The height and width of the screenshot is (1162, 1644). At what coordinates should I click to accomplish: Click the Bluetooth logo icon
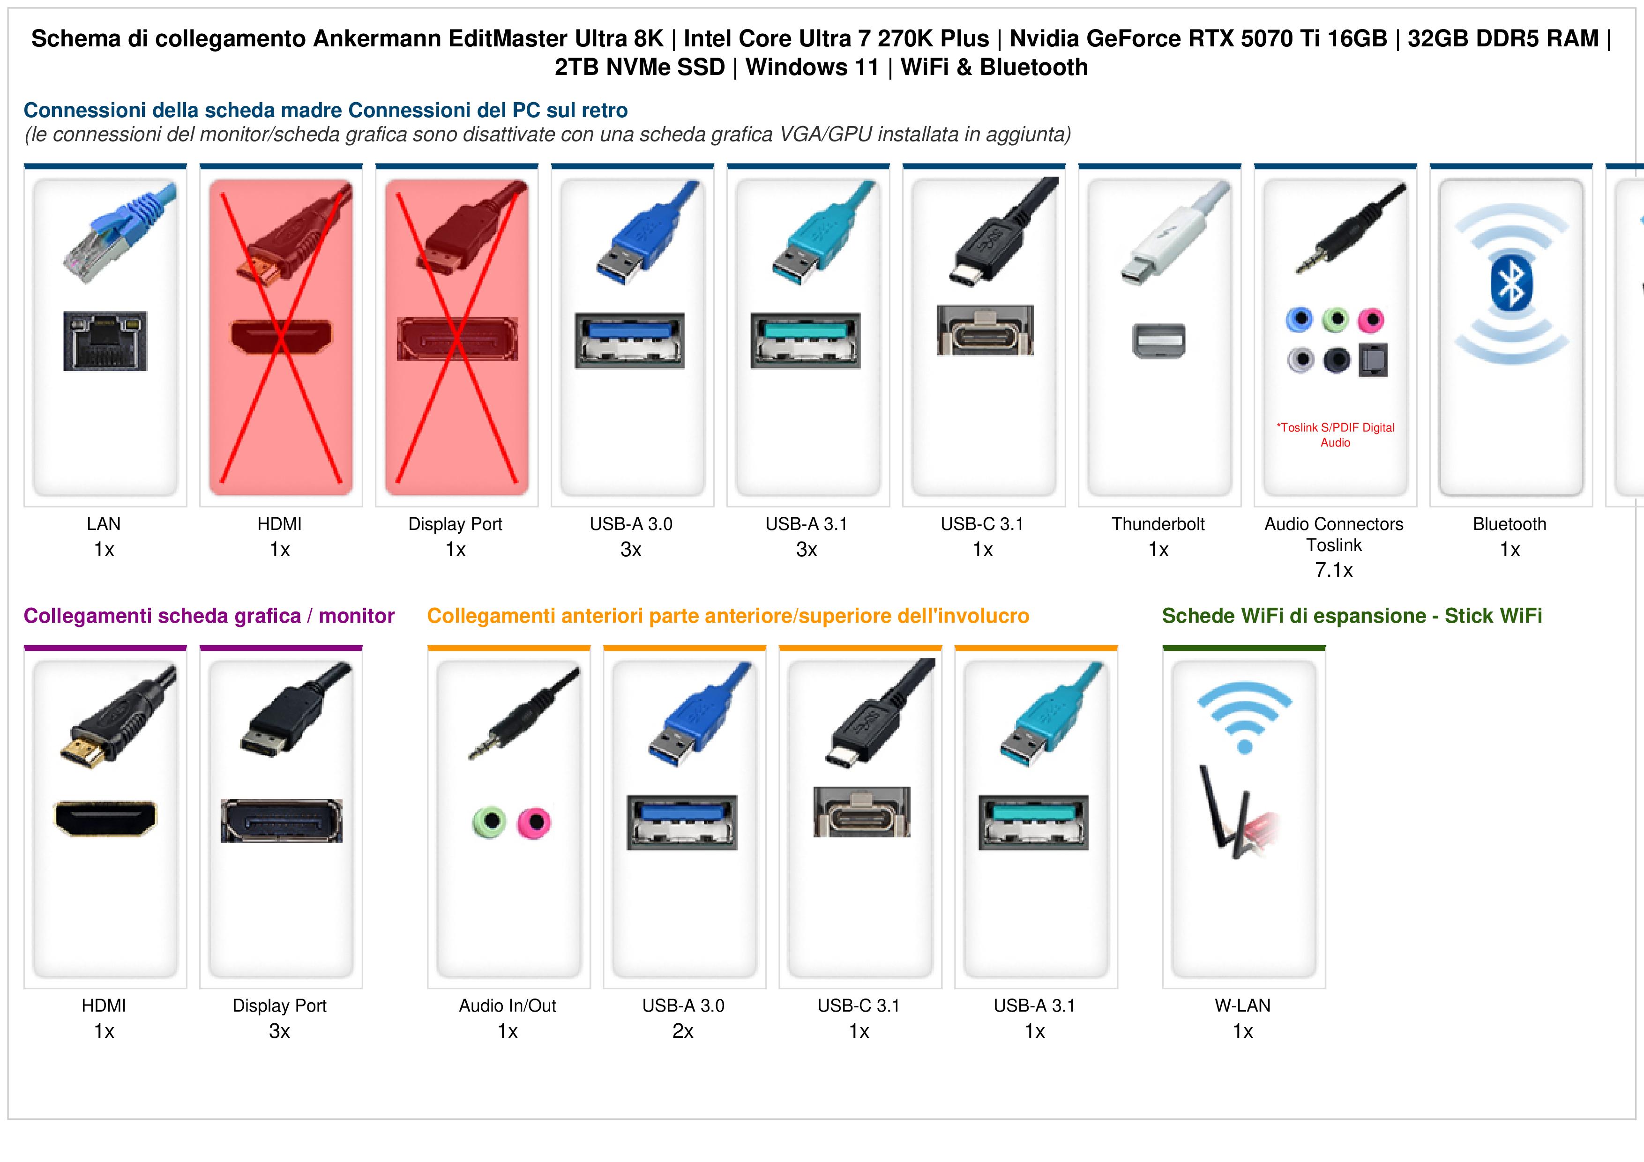1511,284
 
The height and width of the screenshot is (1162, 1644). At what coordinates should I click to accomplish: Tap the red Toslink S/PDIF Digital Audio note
1335,435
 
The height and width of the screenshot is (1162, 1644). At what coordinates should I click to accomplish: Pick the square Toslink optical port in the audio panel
1373,361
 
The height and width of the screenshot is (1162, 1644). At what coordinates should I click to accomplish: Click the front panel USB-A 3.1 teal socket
1034,822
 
